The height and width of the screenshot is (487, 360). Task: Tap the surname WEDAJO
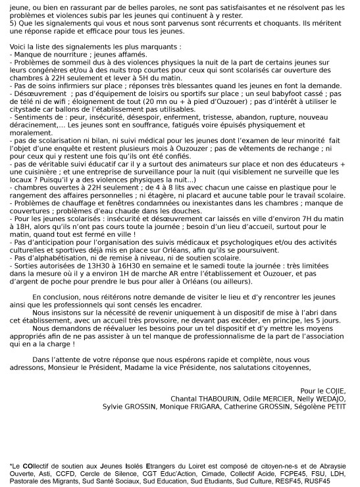pos(327,399)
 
